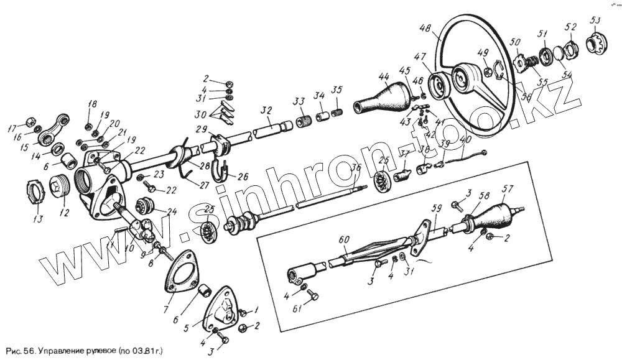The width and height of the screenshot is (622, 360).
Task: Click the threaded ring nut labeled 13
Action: [37, 190]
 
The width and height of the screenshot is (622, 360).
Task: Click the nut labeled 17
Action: [29, 121]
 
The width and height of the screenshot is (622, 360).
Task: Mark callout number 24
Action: [172, 211]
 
